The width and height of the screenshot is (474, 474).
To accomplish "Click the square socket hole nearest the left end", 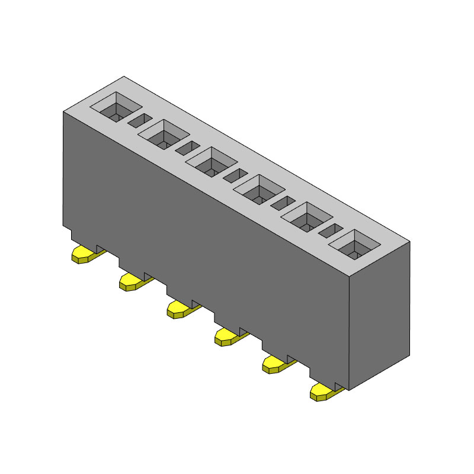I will click(116, 107).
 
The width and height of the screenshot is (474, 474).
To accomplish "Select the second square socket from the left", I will click(164, 134).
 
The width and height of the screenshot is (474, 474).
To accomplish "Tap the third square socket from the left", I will click(212, 162).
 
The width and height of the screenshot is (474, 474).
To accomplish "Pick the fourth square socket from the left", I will click(259, 190).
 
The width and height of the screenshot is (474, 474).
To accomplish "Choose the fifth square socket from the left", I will click(307, 217).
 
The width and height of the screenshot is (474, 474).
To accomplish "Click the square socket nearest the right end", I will click(355, 245).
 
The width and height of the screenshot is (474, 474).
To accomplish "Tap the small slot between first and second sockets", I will click(140, 121).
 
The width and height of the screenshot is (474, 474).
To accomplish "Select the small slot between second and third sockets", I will click(188, 148).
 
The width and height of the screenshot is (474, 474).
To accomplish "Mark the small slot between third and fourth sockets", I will click(235, 176).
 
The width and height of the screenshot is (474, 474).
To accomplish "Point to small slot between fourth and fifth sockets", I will click(283, 204).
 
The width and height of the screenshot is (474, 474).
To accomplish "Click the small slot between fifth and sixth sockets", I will click(331, 231).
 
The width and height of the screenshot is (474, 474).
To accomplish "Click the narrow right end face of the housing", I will click(379, 314).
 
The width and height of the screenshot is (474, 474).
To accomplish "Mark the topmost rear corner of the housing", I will click(124, 76).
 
